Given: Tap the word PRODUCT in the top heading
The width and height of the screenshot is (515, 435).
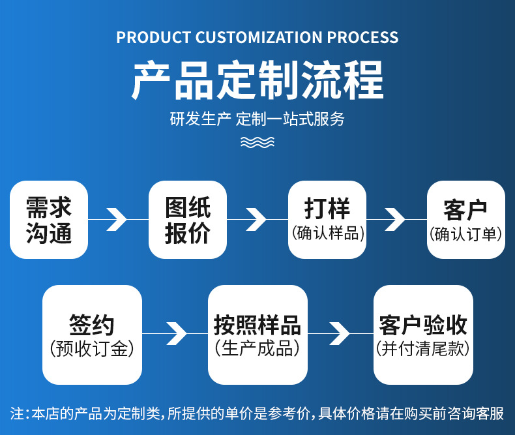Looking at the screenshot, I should click(x=154, y=37).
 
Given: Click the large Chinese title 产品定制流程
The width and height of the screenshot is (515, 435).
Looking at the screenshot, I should click(x=257, y=80).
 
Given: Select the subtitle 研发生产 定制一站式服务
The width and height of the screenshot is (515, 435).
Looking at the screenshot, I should click(x=257, y=119).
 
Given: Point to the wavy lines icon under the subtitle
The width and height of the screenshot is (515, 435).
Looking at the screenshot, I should click(x=257, y=142).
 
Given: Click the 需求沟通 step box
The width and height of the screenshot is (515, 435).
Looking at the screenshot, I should click(x=49, y=220).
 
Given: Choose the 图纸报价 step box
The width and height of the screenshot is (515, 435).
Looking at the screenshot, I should click(x=188, y=220).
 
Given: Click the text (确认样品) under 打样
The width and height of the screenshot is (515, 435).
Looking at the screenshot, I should click(x=327, y=233).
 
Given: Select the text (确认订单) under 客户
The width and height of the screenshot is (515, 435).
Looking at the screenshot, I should click(x=466, y=233).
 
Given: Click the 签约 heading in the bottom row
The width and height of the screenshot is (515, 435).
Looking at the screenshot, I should click(x=92, y=324).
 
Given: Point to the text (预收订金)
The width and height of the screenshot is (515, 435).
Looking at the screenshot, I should click(x=92, y=349).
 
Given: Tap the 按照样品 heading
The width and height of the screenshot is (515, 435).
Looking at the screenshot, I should click(x=257, y=324).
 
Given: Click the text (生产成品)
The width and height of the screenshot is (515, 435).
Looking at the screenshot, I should click(x=257, y=349).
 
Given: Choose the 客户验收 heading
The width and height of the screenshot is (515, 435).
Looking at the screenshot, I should click(x=423, y=324).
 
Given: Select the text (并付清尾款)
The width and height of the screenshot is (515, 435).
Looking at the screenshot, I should click(x=423, y=349).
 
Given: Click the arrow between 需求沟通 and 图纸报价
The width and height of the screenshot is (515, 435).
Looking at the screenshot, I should click(x=117, y=219).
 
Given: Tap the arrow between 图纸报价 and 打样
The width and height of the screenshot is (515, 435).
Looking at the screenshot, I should click(x=257, y=219).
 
